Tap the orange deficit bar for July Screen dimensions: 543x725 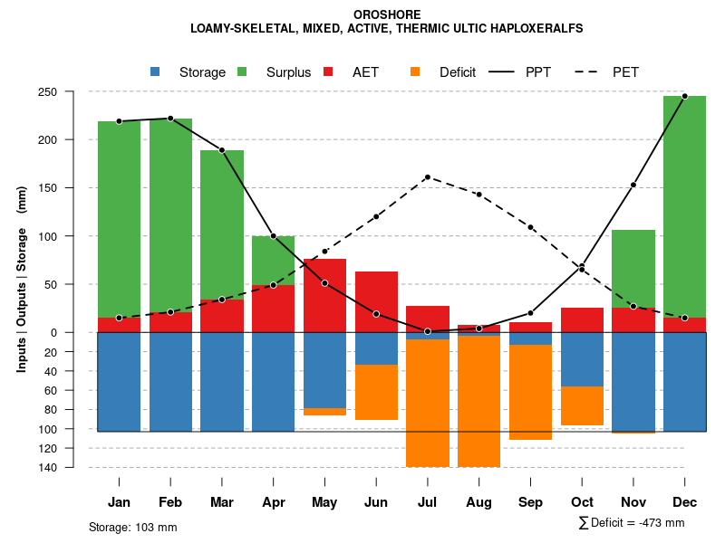[428, 403]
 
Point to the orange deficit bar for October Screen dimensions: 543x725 [582, 405]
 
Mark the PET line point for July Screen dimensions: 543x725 [428, 177]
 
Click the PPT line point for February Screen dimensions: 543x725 [170, 119]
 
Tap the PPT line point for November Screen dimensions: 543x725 [633, 185]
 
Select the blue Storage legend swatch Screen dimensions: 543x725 [155, 71]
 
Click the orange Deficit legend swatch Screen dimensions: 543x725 [415, 71]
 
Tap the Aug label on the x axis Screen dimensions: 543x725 [478, 502]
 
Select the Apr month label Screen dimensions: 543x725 [273, 502]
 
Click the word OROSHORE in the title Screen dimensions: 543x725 [386, 14]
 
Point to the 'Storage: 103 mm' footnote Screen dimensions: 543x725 [132, 527]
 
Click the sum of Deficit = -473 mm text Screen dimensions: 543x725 [632, 523]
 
